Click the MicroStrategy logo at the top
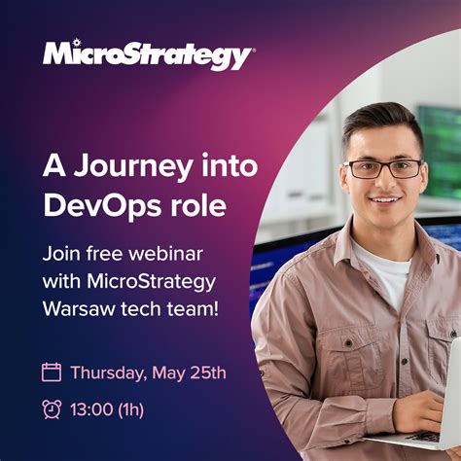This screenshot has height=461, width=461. pyautogui.click(x=148, y=55)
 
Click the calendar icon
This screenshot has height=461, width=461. pyautogui.click(x=52, y=372)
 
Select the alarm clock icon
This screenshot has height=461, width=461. pyautogui.click(x=52, y=408)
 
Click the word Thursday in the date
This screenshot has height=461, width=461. pyautogui.click(x=106, y=372)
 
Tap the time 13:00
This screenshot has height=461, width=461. pyautogui.click(x=91, y=409)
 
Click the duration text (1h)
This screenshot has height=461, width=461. pyautogui.click(x=131, y=409)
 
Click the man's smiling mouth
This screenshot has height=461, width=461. pyautogui.click(x=385, y=201)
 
